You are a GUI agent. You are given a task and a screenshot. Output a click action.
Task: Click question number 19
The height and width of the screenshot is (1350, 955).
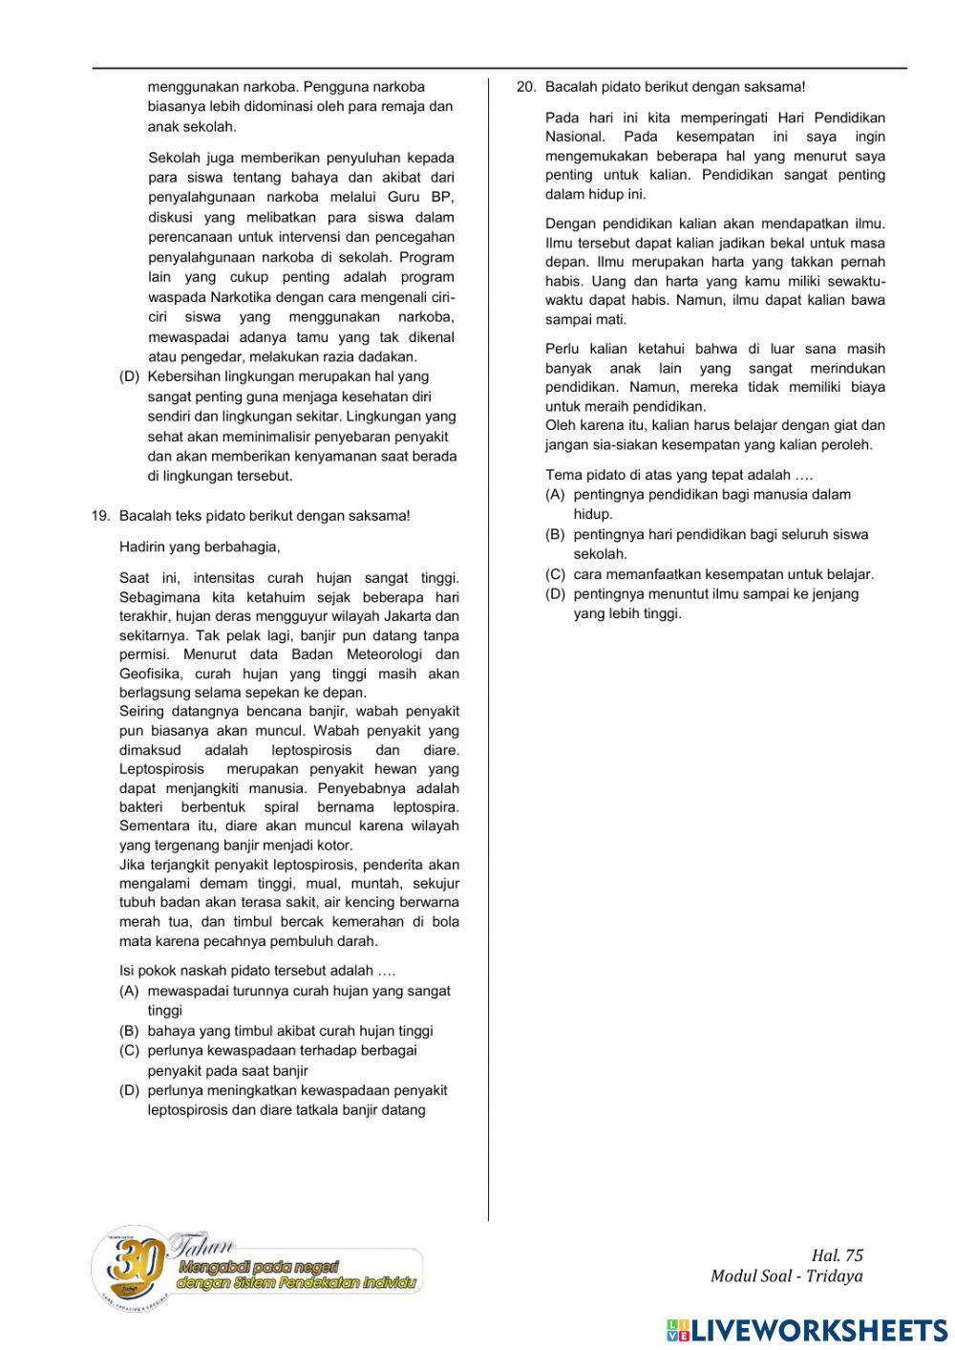point(100,516)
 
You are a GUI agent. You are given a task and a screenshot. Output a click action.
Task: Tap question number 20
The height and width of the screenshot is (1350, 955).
point(526,87)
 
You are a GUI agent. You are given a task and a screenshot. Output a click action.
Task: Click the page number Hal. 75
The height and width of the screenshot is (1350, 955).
point(837,1255)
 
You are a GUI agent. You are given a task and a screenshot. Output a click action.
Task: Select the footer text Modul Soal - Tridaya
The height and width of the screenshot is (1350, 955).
point(786,1276)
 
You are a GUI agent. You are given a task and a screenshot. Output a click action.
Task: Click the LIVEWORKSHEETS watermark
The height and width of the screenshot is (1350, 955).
point(807,1331)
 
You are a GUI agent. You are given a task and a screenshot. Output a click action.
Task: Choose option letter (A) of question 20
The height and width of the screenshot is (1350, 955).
point(555,495)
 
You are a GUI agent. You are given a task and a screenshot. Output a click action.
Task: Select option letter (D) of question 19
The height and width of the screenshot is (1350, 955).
point(129,1090)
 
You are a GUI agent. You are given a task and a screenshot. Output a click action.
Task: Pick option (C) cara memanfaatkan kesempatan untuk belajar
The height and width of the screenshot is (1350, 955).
point(723,574)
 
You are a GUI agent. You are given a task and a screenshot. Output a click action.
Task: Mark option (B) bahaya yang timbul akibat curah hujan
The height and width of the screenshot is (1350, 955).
point(289,1031)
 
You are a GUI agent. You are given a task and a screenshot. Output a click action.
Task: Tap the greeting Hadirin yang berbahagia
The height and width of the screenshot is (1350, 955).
point(200,547)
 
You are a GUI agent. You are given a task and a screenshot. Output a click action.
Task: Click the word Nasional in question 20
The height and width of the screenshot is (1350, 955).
point(574,137)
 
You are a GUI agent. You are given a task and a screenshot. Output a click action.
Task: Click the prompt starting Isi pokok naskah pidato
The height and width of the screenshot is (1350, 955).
point(257,971)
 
